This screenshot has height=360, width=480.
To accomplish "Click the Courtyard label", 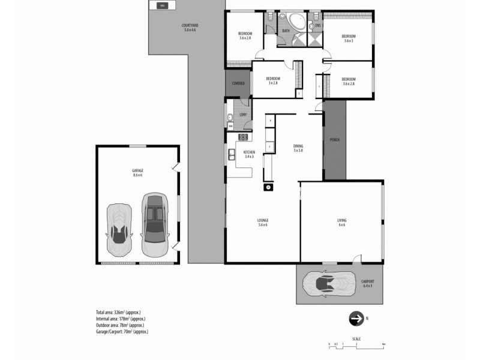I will click(x=190, y=26).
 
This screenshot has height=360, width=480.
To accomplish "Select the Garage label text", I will click(x=138, y=172).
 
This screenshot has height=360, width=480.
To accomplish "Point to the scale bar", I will click(x=356, y=343).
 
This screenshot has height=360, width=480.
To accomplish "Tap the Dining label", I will click(x=298, y=148).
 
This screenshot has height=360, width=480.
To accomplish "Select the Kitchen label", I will click(x=249, y=154).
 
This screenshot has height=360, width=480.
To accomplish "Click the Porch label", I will click(x=335, y=140).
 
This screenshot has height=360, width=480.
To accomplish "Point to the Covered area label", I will click(x=238, y=83).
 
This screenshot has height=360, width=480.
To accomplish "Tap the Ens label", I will click(x=319, y=25).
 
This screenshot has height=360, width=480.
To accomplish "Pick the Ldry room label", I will click(x=243, y=114).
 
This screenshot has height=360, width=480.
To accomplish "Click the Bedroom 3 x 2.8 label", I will click(x=273, y=80).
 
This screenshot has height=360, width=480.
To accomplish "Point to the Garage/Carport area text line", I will click(x=122, y=331).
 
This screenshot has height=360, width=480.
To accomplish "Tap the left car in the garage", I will click(x=119, y=229).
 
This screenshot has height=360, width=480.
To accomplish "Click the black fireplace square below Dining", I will click(x=268, y=187).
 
